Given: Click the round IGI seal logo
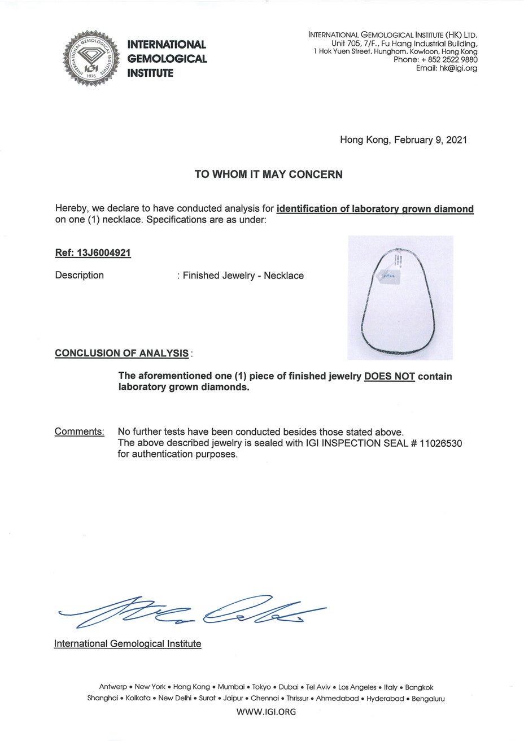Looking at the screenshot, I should click(x=91, y=58).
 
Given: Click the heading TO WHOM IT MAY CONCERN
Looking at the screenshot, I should click(x=268, y=175).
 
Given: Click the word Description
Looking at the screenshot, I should click(x=80, y=276).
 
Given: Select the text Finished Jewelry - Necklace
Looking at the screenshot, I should click(x=243, y=276).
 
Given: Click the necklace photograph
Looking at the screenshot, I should click(x=400, y=298).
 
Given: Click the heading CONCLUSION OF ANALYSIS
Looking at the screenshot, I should click(x=122, y=354).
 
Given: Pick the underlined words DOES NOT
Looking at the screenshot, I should click(x=390, y=377).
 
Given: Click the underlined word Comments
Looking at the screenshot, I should click(x=80, y=432).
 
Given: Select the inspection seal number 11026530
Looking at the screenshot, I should click(x=441, y=443).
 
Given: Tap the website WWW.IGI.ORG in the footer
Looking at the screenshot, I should click(x=265, y=712).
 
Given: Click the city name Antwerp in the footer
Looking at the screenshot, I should click(x=113, y=687).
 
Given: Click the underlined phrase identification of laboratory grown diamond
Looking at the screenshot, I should click(x=375, y=209).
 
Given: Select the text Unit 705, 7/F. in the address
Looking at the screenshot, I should click(x=354, y=43).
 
